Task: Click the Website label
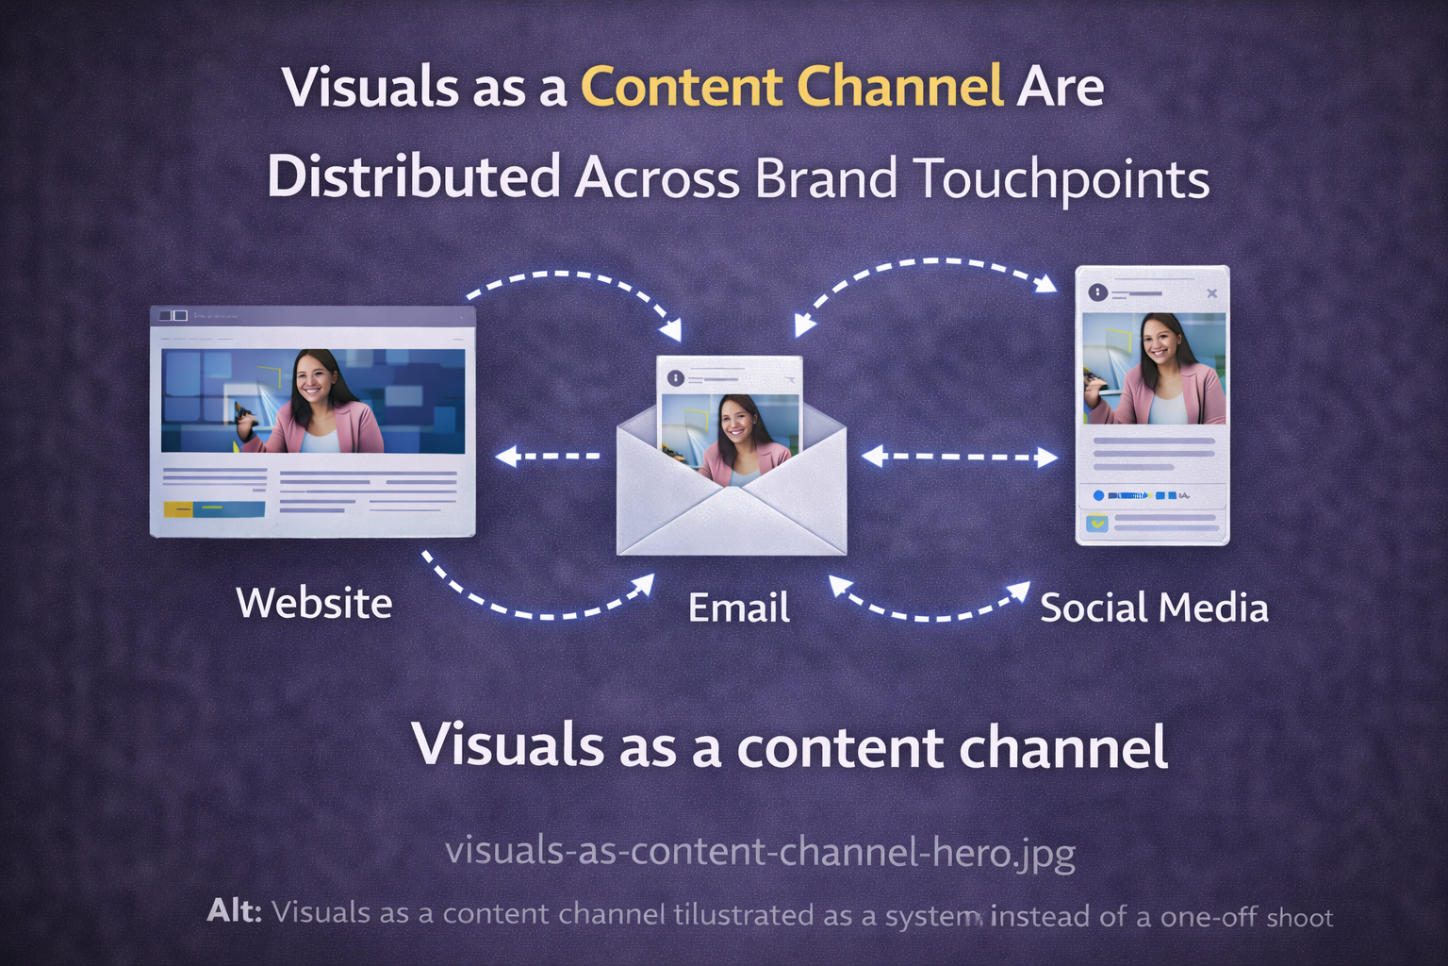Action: click(314, 603)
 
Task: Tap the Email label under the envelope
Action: click(739, 608)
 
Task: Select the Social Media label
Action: click(1154, 608)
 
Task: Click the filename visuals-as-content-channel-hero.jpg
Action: click(760, 852)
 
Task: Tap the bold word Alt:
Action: click(235, 912)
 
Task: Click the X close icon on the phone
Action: click(1212, 293)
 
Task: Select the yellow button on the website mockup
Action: click(178, 509)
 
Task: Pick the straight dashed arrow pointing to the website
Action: click(548, 457)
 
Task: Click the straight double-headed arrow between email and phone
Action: click(960, 457)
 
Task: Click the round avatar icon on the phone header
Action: click(1097, 292)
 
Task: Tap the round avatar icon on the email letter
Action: click(676, 378)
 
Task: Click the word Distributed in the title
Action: click(414, 177)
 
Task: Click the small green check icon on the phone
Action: click(1097, 522)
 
